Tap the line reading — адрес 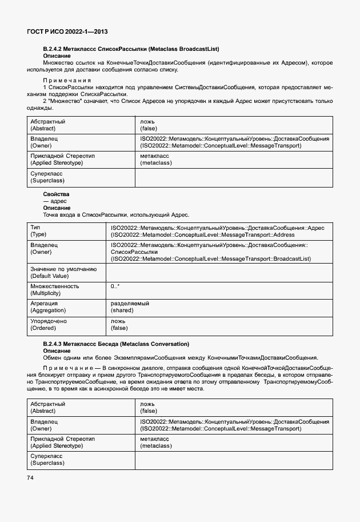(55, 201)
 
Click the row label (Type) (39, 235)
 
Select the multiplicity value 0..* (115, 286)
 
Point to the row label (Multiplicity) (48, 293)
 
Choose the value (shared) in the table (122, 310)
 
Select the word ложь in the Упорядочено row (118, 321)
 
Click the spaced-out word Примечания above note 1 (67, 81)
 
